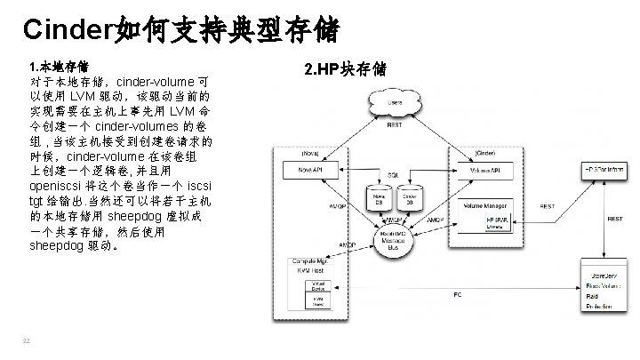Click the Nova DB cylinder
pos(378,198)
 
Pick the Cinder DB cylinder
pos(410,198)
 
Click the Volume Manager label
pos(484,206)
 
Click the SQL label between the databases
pos(393,175)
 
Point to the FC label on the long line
pos(457,294)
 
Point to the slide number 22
pos(28,340)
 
